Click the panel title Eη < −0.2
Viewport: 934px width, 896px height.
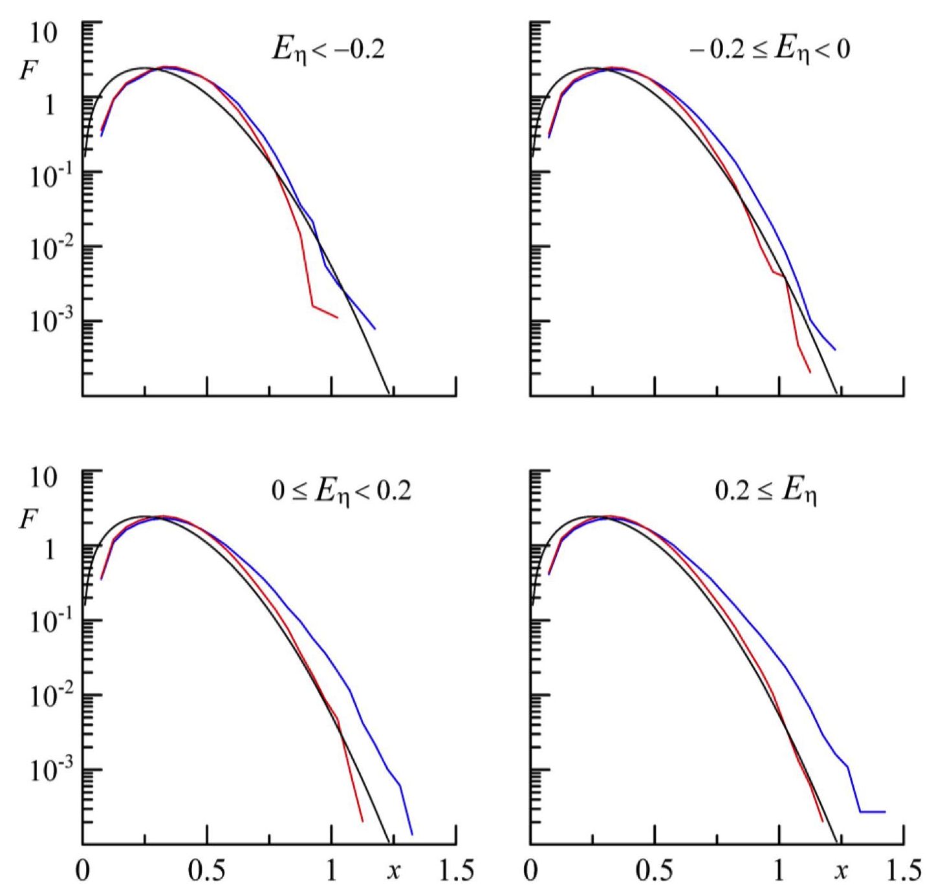coord(328,50)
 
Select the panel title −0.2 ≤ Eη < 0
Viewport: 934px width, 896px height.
coord(769,50)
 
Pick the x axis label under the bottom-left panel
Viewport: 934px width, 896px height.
coord(393,871)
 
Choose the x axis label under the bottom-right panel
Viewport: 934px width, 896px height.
coord(841,871)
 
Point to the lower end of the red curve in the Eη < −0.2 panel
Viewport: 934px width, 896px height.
coord(337,317)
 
